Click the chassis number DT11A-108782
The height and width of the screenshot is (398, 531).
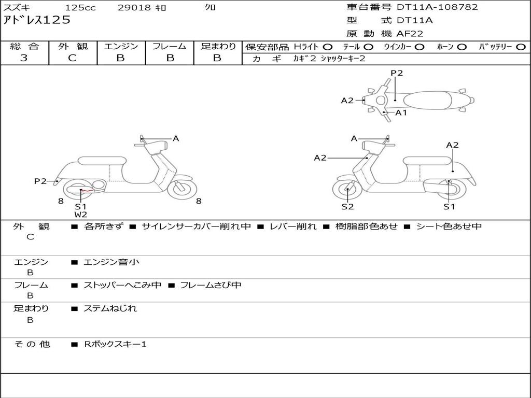(x=437, y=7)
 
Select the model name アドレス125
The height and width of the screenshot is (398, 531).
(x=37, y=20)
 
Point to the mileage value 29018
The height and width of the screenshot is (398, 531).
(x=134, y=8)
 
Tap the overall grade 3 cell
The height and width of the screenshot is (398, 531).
(x=24, y=58)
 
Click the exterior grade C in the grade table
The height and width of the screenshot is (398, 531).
(x=73, y=58)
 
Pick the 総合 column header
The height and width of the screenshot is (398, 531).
(x=24, y=47)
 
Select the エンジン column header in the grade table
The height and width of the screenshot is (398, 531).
(x=121, y=47)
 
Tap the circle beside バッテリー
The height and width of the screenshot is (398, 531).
(x=521, y=47)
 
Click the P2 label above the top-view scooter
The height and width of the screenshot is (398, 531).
(x=397, y=73)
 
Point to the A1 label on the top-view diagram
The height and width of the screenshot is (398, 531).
(x=401, y=112)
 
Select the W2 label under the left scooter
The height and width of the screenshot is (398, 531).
(x=80, y=214)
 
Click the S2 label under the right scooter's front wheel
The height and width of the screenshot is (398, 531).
(x=347, y=207)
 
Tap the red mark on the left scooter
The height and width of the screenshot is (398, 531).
(x=87, y=191)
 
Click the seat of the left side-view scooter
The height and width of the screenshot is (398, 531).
(x=102, y=161)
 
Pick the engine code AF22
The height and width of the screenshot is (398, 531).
(x=410, y=34)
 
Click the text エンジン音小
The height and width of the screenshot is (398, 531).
(x=111, y=262)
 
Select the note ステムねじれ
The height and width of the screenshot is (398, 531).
(x=110, y=308)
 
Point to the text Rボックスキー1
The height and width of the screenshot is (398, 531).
(x=115, y=344)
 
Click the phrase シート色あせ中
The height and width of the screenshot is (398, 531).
(x=449, y=226)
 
